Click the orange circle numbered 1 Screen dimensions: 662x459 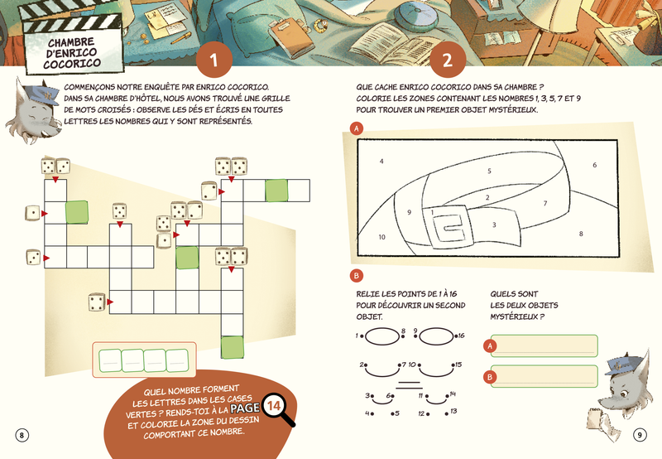214,60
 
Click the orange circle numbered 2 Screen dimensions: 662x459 448,60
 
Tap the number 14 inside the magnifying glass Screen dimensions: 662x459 273,406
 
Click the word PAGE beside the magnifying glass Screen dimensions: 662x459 245,408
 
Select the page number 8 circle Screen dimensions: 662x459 22,435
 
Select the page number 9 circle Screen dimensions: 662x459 640,435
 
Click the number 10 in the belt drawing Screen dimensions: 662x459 381,237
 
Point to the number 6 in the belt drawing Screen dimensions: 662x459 594,165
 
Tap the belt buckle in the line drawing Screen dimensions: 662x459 450,228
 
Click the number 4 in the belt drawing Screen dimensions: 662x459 381,161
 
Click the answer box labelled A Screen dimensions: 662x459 544,345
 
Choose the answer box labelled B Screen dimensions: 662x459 544,376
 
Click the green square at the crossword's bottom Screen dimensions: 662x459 233,347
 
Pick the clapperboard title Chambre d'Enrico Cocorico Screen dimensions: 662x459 72,53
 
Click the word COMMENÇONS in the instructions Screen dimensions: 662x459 89,88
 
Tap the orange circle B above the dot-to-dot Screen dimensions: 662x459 357,276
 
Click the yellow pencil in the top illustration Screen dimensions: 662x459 181,38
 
